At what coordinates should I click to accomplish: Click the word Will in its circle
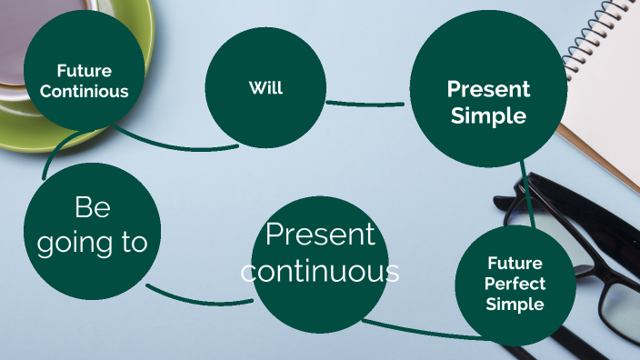[265, 88]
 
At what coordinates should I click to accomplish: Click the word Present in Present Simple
[487, 89]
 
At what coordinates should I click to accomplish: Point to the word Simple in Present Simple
[488, 115]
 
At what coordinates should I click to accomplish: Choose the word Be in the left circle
[92, 207]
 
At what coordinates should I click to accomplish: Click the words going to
[92, 243]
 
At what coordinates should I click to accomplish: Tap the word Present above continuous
[320, 235]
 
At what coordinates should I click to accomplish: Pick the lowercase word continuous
[321, 270]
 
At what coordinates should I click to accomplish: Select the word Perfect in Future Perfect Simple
[515, 284]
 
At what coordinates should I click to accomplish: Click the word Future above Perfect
[515, 264]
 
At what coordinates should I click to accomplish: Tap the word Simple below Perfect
[515, 304]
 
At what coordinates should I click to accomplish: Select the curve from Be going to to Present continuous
[195, 299]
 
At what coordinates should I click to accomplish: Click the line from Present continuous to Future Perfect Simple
[418, 331]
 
